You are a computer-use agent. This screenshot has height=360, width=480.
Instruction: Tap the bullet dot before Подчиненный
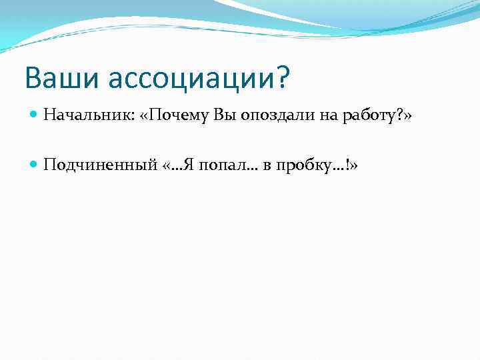point(33,165)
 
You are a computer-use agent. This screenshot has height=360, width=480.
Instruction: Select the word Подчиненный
point(100,165)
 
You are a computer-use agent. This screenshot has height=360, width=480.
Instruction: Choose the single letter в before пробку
point(265,165)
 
